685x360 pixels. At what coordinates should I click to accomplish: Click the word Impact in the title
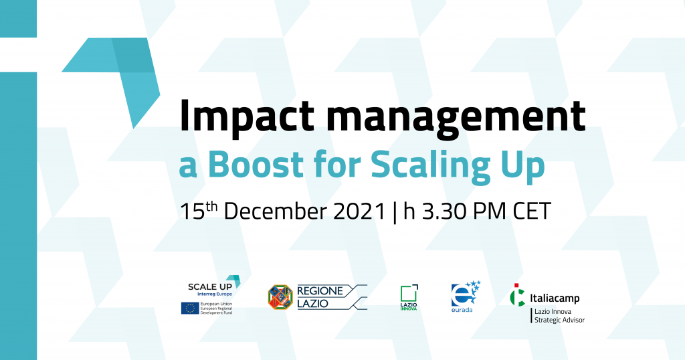click(x=246, y=117)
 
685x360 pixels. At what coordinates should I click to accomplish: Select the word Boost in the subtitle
click(x=256, y=164)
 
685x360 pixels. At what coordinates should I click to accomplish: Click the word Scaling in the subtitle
click(x=430, y=167)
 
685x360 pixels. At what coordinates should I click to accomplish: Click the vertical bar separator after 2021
click(x=395, y=212)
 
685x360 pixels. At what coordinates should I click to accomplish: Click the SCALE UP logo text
click(x=209, y=286)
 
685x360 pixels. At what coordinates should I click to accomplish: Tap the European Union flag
click(x=190, y=308)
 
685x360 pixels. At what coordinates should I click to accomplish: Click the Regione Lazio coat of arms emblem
click(x=280, y=297)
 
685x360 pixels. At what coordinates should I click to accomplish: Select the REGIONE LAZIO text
click(x=320, y=297)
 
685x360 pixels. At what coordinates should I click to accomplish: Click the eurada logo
click(x=466, y=296)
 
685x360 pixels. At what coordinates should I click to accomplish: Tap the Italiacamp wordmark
click(x=555, y=298)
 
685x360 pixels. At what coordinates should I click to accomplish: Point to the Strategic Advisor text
click(x=560, y=320)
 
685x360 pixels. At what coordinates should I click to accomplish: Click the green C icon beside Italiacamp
click(x=518, y=295)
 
